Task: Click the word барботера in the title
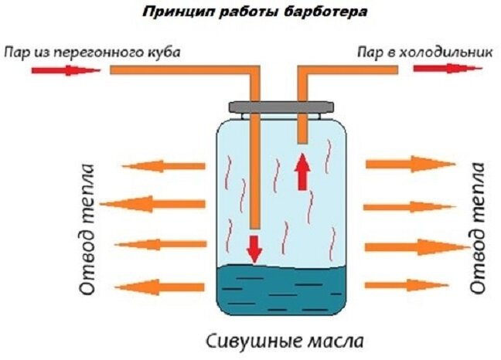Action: click(x=311, y=14)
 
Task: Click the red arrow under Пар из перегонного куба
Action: click(x=65, y=70)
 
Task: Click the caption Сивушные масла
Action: click(x=284, y=341)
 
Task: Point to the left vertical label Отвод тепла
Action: click(x=87, y=229)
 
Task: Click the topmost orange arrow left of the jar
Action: click(x=163, y=166)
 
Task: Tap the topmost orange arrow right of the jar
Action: click(x=410, y=165)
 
